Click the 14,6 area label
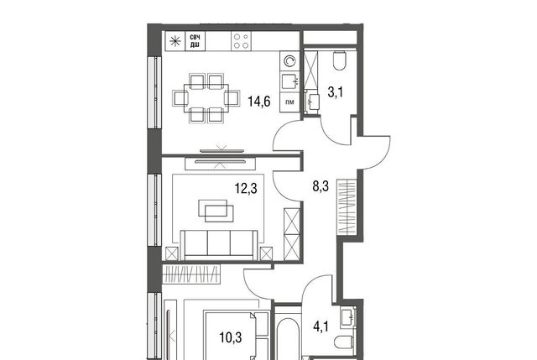tap(259, 102)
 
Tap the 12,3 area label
tap(246, 188)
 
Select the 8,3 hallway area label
tap(321, 186)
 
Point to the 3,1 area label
tap(336, 92)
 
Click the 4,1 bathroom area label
tap(321, 326)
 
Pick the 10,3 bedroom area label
tap(231, 337)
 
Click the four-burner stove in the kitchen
tap(241, 41)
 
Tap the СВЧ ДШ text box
tap(196, 41)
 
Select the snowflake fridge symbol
tap(175, 41)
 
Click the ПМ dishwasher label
tap(289, 102)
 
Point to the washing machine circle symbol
tap(289, 61)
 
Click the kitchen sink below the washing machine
tap(289, 81)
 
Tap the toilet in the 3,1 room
tap(339, 60)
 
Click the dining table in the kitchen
tap(206, 99)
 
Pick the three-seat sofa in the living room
tap(219, 245)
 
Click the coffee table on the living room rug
tap(216, 211)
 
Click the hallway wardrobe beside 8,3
tap(347, 206)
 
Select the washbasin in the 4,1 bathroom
tap(348, 317)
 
